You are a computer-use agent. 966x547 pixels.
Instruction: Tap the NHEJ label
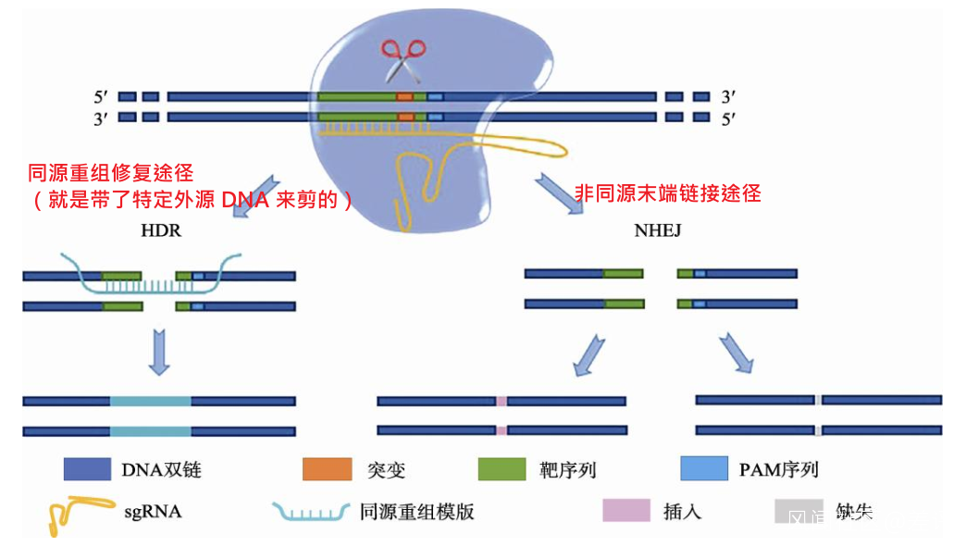[658, 230]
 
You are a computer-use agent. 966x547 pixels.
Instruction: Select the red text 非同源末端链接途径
[667, 193]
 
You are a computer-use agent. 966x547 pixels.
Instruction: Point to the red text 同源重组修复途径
[111, 172]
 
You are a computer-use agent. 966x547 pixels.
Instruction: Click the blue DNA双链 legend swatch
[86, 469]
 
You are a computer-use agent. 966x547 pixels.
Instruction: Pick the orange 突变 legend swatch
[328, 469]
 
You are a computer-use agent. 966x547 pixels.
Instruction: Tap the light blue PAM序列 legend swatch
[704, 469]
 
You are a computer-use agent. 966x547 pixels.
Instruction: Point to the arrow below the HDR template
[159, 351]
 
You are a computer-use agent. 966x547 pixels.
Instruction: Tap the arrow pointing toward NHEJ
[562, 193]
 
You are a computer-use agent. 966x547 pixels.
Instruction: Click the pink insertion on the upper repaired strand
[502, 402]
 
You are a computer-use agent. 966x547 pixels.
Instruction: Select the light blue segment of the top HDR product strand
[151, 402]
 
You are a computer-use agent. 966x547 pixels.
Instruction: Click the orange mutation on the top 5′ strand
[404, 96]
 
